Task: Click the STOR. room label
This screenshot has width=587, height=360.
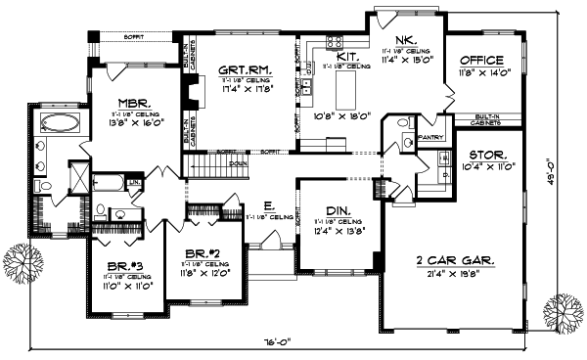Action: tap(486, 156)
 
